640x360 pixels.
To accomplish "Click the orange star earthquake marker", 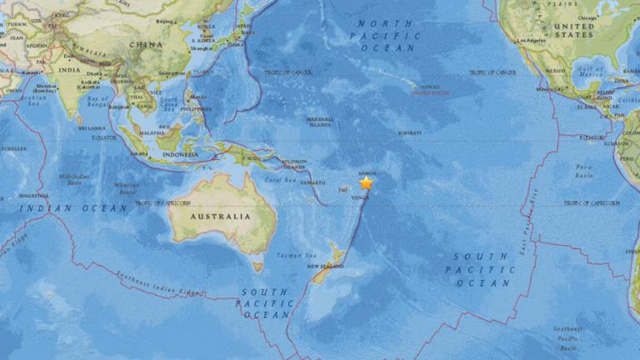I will (x=366, y=182).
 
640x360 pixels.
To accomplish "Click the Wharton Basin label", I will (x=126, y=188).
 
